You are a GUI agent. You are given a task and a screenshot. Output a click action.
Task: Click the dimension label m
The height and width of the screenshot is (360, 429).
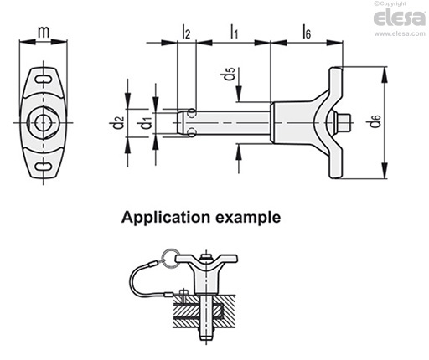click(x=44, y=32)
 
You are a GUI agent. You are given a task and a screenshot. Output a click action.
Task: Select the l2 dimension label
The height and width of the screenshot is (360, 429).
click(x=186, y=32)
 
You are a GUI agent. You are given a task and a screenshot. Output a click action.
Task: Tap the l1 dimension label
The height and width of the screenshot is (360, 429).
click(x=234, y=31)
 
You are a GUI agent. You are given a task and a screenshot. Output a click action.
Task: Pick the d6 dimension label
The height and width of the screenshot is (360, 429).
click(x=375, y=121)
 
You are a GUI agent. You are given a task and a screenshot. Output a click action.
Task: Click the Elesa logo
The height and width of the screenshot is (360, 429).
click(x=399, y=18)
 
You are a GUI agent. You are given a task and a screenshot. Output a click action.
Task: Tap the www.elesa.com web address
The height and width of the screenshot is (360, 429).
click(x=400, y=33)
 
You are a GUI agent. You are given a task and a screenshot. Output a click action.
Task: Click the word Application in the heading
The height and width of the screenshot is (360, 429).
click(x=166, y=218)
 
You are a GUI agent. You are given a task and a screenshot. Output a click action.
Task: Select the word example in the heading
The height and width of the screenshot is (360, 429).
click(x=248, y=218)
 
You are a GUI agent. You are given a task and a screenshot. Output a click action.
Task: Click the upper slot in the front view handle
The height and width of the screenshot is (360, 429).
click(x=44, y=79)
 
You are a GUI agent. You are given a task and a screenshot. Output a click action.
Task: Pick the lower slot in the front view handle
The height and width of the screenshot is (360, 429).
click(x=44, y=167)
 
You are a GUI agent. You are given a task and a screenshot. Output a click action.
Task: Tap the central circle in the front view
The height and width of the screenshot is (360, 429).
click(x=44, y=122)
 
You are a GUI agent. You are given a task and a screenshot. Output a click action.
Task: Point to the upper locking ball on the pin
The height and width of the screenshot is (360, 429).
click(x=192, y=113)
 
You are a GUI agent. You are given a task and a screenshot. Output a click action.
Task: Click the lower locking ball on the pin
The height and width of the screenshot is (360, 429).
click(x=192, y=132)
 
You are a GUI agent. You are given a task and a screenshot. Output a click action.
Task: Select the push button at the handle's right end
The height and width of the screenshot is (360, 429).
click(x=344, y=123)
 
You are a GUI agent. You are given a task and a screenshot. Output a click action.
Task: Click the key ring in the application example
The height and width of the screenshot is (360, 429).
click(x=170, y=259)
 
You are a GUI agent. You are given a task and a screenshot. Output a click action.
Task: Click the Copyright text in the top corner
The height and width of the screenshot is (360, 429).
click(x=390, y=3)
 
